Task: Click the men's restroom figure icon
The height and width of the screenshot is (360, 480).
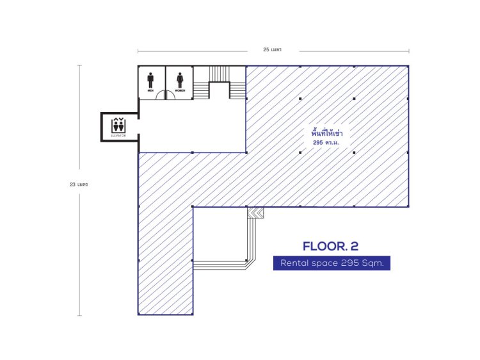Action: click(150, 80)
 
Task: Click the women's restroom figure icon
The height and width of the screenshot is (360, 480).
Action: click(180, 80)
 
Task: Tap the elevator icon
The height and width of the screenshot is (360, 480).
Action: click(118, 125)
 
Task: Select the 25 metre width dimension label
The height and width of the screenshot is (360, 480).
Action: click(272, 49)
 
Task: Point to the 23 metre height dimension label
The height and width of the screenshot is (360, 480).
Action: click(79, 184)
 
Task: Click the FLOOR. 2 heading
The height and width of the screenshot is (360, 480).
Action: click(331, 247)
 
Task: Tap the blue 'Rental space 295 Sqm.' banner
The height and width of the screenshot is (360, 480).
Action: click(332, 263)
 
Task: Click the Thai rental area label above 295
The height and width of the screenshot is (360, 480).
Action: click(326, 133)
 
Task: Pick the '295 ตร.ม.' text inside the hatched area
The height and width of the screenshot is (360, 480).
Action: click(326, 143)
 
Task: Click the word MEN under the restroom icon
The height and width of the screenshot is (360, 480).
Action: click(150, 90)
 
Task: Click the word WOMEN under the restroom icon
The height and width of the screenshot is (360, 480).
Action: click(180, 90)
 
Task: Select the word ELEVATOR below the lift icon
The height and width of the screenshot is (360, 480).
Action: click(118, 135)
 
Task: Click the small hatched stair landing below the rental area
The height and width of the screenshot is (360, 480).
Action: click(255, 213)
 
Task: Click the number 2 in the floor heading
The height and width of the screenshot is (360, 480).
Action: click(355, 247)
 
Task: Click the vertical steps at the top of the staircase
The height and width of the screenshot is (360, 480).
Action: click(220, 74)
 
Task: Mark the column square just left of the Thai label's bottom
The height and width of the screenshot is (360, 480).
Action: click(300, 152)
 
